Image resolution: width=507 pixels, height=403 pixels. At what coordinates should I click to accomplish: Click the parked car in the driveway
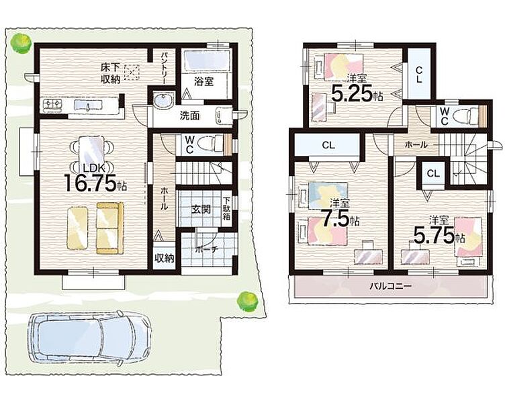click(89, 339)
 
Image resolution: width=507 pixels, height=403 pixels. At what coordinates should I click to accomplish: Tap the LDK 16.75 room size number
click(90, 183)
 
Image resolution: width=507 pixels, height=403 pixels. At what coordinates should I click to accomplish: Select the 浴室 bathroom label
click(203, 81)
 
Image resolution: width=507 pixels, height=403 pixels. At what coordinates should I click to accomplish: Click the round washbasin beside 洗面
click(163, 101)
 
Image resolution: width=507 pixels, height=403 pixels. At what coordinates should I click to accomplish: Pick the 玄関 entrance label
click(201, 210)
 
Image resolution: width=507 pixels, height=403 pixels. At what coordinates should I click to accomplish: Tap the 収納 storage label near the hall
click(165, 258)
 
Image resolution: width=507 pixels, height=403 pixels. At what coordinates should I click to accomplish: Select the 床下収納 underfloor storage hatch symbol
click(131, 73)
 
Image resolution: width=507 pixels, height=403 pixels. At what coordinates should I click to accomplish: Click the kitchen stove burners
click(52, 104)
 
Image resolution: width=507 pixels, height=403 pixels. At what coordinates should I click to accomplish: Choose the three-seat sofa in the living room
click(110, 228)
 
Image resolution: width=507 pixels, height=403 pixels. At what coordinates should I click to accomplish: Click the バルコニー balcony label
click(391, 286)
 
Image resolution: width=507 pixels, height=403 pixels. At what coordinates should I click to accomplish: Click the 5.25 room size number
click(353, 94)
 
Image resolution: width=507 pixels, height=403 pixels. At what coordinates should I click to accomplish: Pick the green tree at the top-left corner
click(20, 42)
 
